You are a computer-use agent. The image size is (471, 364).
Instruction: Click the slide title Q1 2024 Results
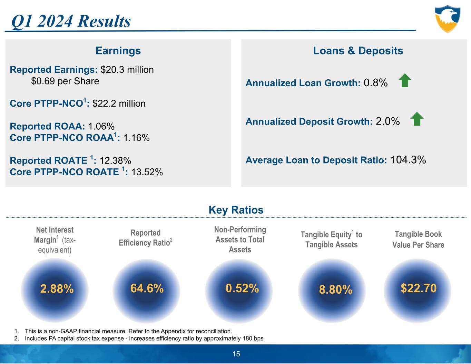click(x=71, y=21)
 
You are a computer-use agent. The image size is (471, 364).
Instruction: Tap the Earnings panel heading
click(x=118, y=51)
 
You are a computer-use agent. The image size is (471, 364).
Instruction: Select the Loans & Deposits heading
click(x=358, y=51)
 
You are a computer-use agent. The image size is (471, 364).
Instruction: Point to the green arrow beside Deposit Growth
click(x=417, y=119)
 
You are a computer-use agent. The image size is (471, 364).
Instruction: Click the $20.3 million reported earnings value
click(x=127, y=70)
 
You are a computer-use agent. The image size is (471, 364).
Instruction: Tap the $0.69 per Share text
click(x=65, y=81)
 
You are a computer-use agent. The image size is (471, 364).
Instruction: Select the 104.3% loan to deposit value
click(x=408, y=160)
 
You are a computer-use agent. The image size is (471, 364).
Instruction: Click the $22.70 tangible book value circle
click(x=418, y=288)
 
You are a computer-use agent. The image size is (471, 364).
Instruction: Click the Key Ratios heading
click(x=236, y=210)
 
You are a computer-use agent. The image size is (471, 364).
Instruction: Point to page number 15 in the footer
click(x=236, y=354)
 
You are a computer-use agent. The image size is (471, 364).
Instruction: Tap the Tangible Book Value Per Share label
click(x=418, y=239)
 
